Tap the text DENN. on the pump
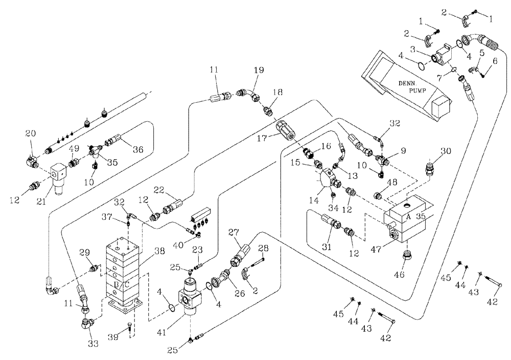pyautogui.click(x=409, y=82)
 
